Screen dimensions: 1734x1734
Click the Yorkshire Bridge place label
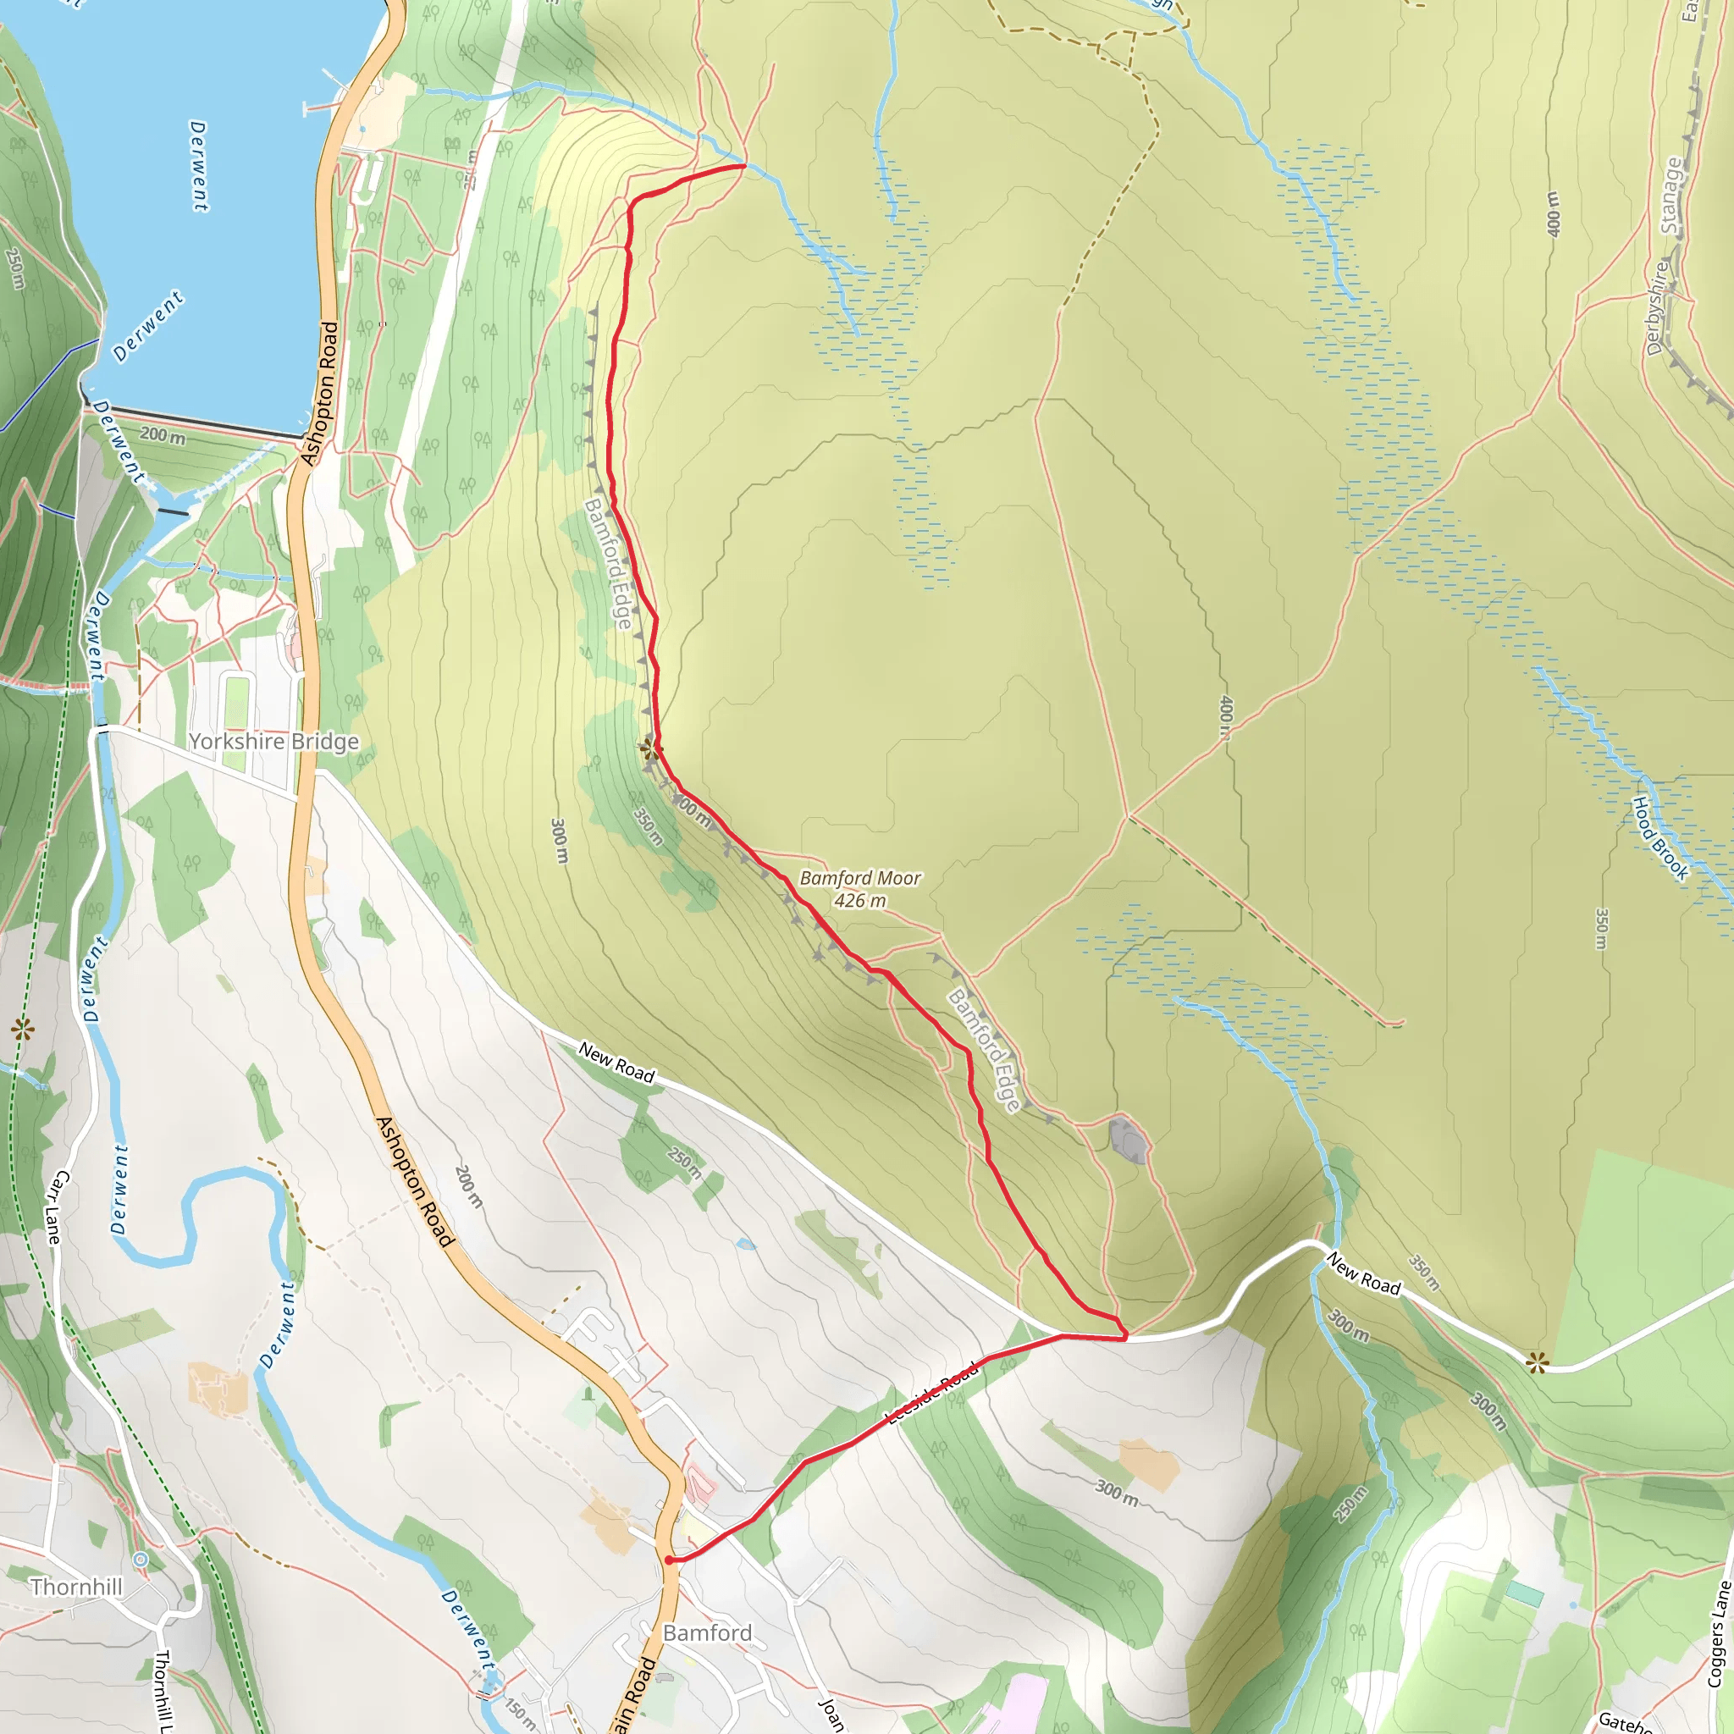[273, 742]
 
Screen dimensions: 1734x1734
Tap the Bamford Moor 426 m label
[860, 888]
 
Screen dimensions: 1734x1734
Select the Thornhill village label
[76, 1587]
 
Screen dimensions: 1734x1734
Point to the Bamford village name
[707, 1632]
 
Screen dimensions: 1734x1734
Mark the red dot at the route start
[669, 1560]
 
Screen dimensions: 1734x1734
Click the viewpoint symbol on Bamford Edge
[648, 748]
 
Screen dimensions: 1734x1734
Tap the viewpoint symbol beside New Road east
[1538, 1364]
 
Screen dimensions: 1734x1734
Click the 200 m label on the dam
[163, 435]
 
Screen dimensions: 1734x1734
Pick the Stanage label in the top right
[1670, 196]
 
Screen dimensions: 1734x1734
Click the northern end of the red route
[744, 166]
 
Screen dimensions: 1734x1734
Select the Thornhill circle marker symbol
[139, 1558]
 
